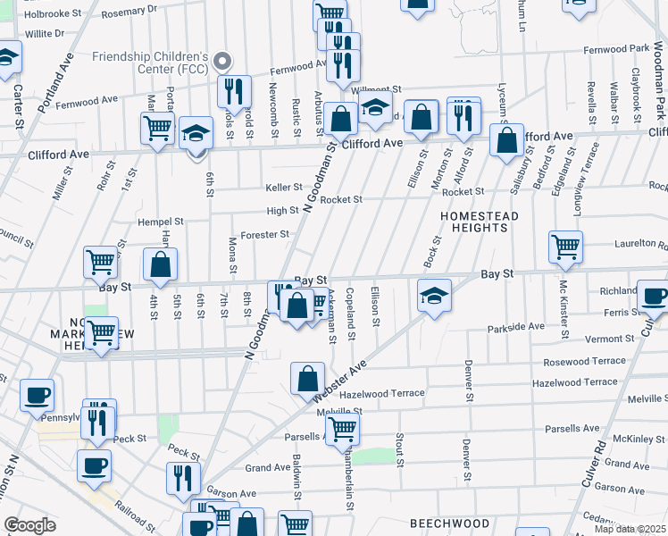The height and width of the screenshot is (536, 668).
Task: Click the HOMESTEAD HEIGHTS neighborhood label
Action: (x=473, y=222)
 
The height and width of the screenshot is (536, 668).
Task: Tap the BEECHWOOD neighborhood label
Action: (x=449, y=523)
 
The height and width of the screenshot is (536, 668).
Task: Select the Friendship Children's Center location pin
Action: (x=222, y=62)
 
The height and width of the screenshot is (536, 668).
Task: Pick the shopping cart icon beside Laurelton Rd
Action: (x=566, y=247)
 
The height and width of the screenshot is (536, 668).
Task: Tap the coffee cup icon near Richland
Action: (x=653, y=297)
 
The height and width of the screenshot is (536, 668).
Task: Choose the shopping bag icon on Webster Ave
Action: (x=307, y=378)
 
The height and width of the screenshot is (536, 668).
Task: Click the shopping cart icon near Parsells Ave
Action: (x=342, y=429)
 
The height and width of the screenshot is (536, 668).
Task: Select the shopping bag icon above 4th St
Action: (x=161, y=264)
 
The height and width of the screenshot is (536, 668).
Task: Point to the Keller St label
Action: (x=284, y=188)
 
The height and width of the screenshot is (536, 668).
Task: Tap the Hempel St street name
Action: (x=160, y=222)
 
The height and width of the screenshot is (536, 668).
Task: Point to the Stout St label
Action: (x=400, y=450)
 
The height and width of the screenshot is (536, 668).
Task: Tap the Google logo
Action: (x=29, y=525)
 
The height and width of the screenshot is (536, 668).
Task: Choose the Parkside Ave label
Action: (x=515, y=328)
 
